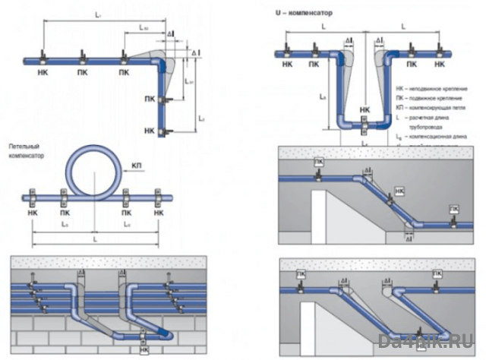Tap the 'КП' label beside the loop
(x=137, y=165)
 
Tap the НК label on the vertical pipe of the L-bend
(x=149, y=131)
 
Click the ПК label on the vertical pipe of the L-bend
(x=149, y=99)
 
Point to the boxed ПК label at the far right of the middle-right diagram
(x=454, y=209)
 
